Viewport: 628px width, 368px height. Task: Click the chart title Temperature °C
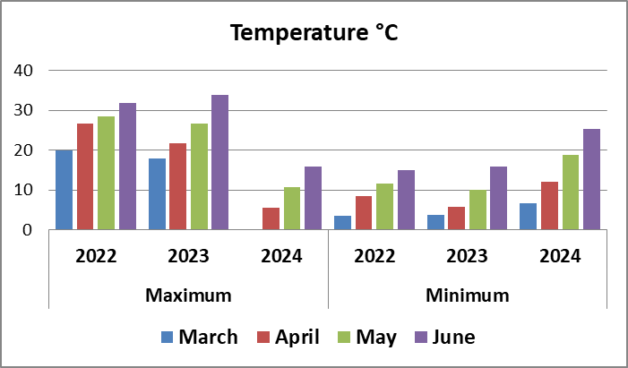(x=314, y=33)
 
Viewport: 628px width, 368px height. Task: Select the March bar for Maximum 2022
(x=64, y=190)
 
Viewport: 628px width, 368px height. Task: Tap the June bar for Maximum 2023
(x=219, y=162)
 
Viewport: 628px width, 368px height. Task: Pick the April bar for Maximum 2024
(x=271, y=218)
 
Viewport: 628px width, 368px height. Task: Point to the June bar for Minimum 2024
(x=591, y=179)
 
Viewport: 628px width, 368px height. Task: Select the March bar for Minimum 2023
(x=435, y=222)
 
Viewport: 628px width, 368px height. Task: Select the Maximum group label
(x=188, y=295)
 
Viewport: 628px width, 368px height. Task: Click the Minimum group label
(x=468, y=295)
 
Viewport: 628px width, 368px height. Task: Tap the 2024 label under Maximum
(x=281, y=256)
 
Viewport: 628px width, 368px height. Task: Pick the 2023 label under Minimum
(x=468, y=256)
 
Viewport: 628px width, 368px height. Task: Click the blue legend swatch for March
(x=168, y=338)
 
